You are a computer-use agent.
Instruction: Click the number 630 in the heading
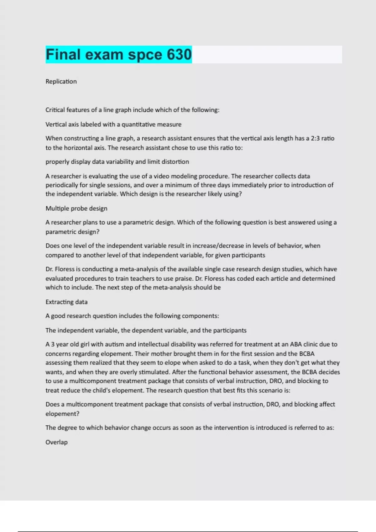pos(179,54)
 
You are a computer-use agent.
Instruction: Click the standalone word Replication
pos(61,81)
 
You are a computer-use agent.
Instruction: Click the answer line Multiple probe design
pos(76,208)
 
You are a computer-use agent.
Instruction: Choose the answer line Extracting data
pos(66,302)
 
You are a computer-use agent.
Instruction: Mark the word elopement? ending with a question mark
pos(62,414)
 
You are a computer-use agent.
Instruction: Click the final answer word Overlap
pos(56,442)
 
